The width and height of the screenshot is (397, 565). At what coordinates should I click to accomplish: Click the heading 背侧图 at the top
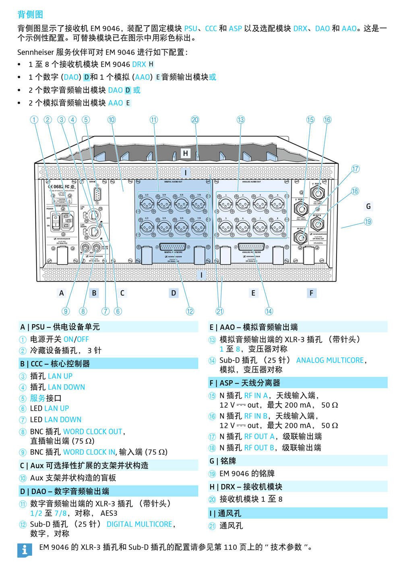coord(30,15)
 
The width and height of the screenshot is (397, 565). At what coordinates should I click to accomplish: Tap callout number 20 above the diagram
coord(195,120)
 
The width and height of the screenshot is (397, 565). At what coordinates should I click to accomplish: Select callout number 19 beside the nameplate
coord(368,221)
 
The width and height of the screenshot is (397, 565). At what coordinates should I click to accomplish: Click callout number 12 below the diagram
coord(190,311)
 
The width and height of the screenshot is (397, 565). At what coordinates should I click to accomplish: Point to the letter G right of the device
coord(368,206)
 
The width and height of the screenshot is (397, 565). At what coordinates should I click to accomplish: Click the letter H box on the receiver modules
coord(185,153)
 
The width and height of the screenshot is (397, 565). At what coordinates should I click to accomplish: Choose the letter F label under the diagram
coord(311,293)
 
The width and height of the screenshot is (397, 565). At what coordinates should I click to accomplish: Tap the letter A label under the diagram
coord(62,293)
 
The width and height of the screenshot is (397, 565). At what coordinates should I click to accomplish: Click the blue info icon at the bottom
coord(25,550)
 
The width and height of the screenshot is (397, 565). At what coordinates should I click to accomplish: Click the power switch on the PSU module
coord(57,220)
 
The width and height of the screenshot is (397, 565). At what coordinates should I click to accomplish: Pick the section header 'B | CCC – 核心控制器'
coord(55,364)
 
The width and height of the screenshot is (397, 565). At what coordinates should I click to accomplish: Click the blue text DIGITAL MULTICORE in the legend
coord(139,524)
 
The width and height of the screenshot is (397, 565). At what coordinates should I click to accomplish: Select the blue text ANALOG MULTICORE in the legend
coord(330,360)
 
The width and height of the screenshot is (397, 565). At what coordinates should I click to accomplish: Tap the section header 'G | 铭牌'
coord(223,461)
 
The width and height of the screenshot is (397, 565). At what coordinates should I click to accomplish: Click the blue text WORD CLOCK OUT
coord(93,432)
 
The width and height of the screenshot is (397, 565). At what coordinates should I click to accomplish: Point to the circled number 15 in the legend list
coord(212,396)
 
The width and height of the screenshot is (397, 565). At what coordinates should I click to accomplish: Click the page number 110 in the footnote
coord(230,547)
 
